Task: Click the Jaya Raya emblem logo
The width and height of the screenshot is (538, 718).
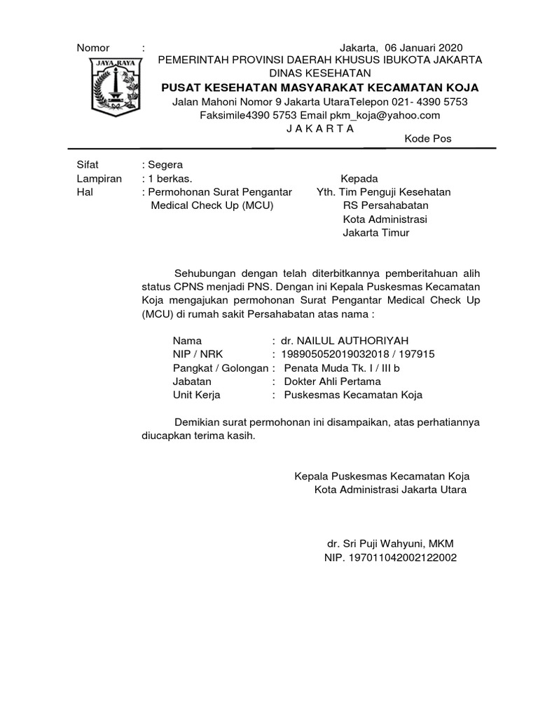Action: (x=113, y=87)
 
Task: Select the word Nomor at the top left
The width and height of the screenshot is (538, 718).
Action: (x=93, y=48)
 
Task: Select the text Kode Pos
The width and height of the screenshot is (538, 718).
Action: (x=428, y=139)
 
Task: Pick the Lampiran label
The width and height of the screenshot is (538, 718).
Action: (x=99, y=179)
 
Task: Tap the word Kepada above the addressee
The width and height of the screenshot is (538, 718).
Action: (x=359, y=179)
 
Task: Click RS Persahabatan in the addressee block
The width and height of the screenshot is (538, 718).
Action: (x=385, y=205)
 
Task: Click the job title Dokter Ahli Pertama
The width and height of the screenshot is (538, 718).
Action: (x=332, y=381)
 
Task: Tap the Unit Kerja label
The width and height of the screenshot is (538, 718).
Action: (x=197, y=395)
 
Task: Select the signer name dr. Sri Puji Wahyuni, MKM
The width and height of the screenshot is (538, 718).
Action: (x=395, y=544)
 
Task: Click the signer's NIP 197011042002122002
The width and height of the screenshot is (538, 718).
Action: (x=390, y=557)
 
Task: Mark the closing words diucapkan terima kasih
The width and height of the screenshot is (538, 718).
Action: (x=198, y=435)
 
